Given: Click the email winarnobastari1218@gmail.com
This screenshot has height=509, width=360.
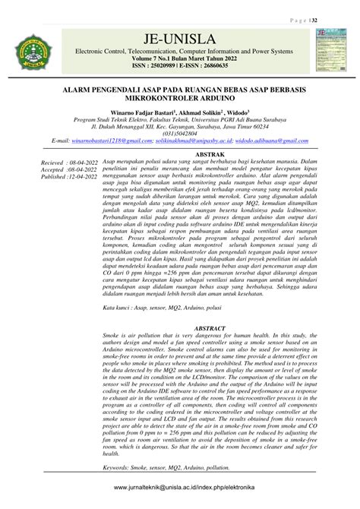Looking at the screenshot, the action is (112, 141).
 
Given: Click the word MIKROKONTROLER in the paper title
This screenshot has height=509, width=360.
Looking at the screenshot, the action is (138, 98).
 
